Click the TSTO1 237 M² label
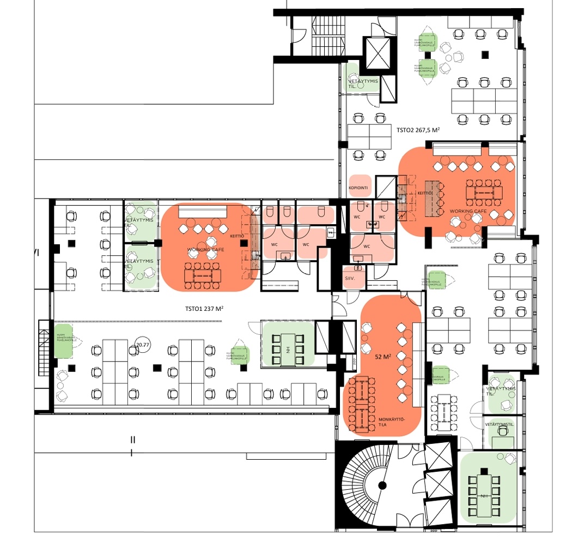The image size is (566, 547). click(x=204, y=309)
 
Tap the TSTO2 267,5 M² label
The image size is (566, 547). click(x=418, y=130)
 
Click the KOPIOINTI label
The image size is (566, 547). click(x=358, y=188)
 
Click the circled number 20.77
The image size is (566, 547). click(x=143, y=345)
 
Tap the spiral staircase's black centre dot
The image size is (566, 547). click(x=382, y=485)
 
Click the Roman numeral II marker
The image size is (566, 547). click(x=132, y=440)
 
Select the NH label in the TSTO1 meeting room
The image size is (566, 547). click(x=287, y=349)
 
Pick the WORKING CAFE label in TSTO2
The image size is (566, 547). click(x=467, y=211)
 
